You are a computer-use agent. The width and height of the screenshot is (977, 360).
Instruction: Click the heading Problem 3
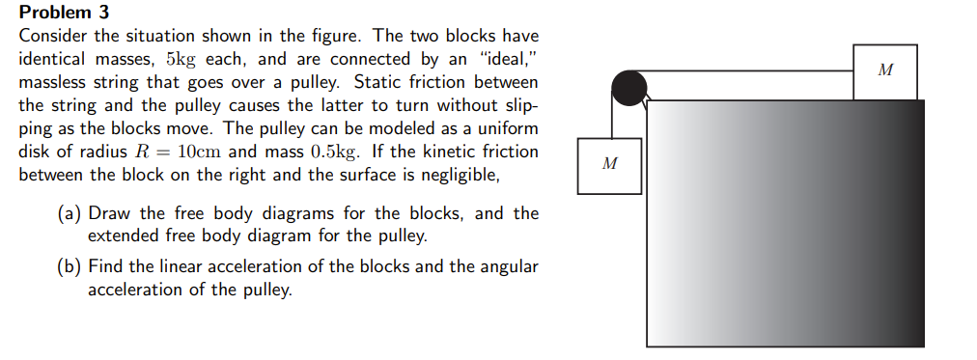point(65,13)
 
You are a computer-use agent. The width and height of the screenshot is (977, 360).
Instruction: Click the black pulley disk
point(629,88)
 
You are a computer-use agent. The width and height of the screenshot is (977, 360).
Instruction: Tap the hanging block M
point(608,166)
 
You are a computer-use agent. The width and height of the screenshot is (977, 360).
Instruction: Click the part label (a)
point(69,213)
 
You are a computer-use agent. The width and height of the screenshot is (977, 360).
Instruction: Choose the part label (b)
point(69,266)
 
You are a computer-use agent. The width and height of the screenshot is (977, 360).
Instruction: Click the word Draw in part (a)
point(109,213)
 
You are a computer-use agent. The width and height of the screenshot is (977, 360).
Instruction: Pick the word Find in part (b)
point(106,266)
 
